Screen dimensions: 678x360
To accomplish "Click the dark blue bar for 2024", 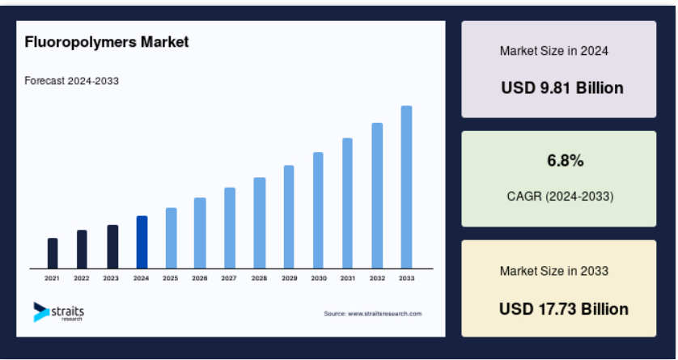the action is tap(142, 242).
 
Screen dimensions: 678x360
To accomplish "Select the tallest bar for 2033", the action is tap(406, 187).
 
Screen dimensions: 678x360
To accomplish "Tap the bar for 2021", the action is tap(53, 253).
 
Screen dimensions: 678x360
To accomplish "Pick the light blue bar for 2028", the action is tap(260, 223).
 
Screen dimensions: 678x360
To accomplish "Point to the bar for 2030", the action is tap(318, 210).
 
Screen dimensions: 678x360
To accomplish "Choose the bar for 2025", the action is tap(172, 238).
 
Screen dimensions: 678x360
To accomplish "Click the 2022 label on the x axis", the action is tap(81, 279).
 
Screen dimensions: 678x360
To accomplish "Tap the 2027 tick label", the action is tap(229, 279).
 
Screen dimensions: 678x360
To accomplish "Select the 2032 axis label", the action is tap(377, 279).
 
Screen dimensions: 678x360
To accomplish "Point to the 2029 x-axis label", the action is tap(290, 279).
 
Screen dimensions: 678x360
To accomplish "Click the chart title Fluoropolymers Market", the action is tap(107, 42).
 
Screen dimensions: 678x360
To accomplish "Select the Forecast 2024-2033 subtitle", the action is tap(72, 81).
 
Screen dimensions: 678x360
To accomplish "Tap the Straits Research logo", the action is tap(59, 312).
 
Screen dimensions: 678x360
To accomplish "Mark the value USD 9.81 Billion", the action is tap(562, 88).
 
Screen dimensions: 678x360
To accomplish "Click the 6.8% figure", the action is tap(566, 161).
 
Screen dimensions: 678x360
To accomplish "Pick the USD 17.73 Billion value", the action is tap(564, 309).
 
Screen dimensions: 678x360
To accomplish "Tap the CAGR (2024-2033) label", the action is tap(561, 197).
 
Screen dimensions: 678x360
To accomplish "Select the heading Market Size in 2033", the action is tap(554, 271).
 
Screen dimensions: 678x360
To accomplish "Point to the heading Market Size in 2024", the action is tap(554, 51).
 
